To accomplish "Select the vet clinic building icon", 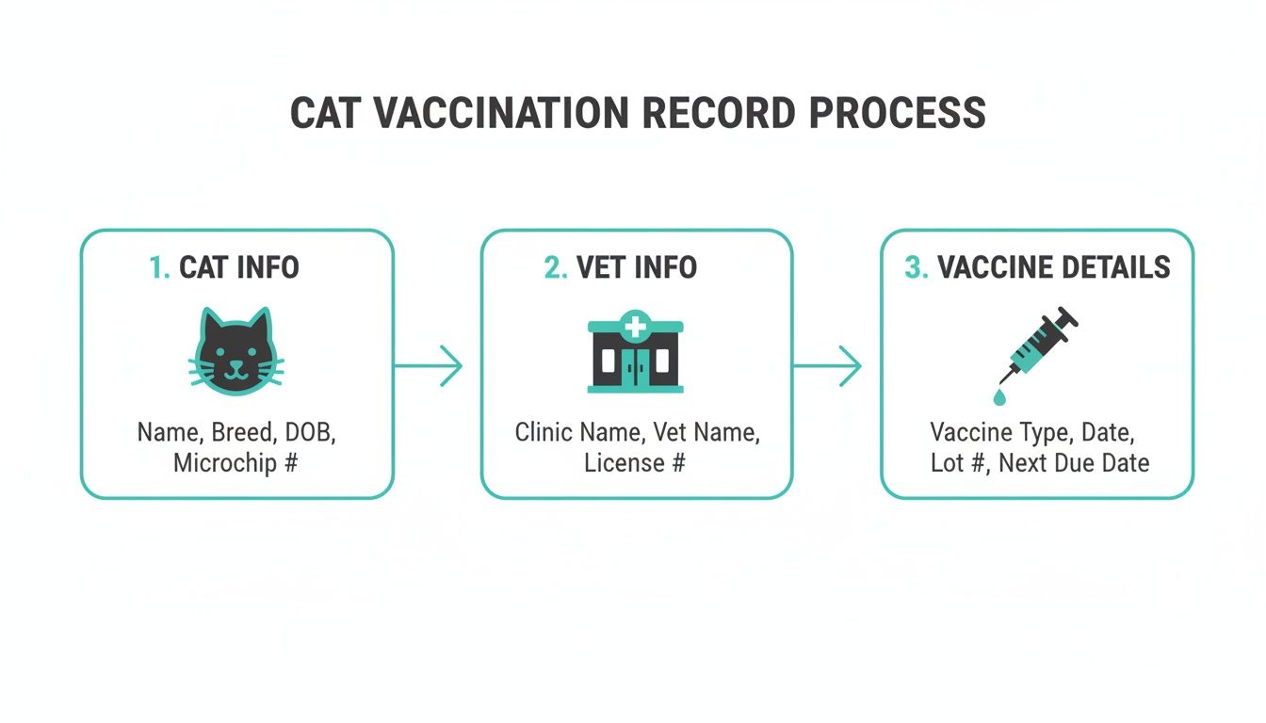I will [x=636, y=355].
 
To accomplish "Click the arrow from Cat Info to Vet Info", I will [x=429, y=365].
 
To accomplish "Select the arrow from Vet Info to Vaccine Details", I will [x=828, y=365].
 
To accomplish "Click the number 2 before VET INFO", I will [x=556, y=267].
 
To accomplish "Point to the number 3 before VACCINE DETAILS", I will [x=915, y=267].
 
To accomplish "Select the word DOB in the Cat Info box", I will [x=309, y=433].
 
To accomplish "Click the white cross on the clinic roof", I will [x=636, y=328].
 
